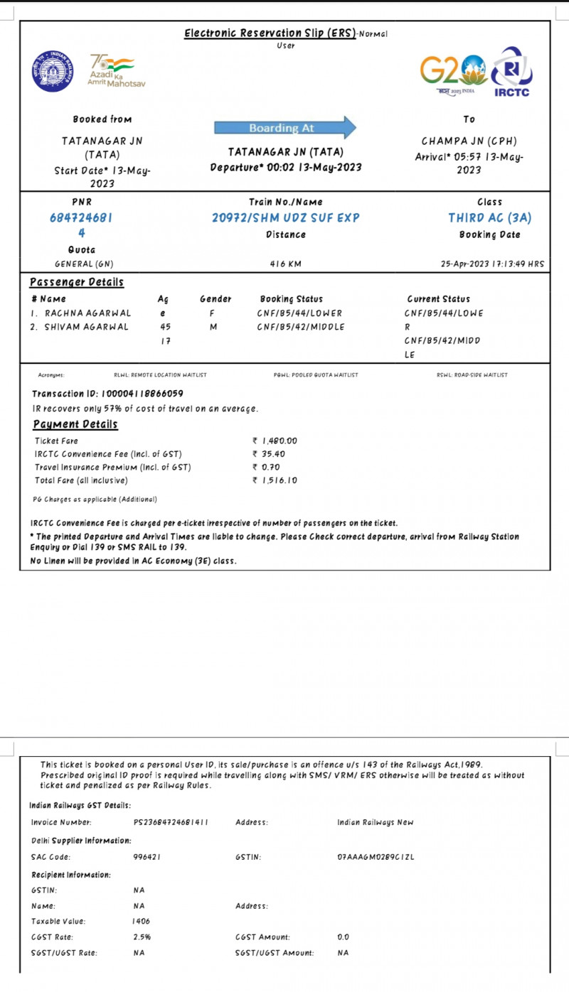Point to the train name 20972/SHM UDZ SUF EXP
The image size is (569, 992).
[x=285, y=218]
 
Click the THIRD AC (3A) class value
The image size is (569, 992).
[x=490, y=218]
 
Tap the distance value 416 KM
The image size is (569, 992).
[x=285, y=264]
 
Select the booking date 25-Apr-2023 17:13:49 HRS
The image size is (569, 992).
[x=493, y=264]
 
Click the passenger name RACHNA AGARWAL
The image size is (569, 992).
[x=87, y=313]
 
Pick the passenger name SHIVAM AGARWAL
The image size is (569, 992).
[x=87, y=327]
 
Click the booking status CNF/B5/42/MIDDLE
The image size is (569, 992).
[x=301, y=327]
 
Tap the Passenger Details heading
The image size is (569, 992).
[x=77, y=283]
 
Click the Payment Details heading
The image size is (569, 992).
[x=75, y=425]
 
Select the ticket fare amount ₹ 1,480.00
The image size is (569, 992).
[x=275, y=441]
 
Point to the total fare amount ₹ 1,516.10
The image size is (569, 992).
[x=275, y=480]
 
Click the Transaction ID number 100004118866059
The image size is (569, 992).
[x=143, y=394]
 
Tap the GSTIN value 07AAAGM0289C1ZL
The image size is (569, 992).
[x=375, y=857]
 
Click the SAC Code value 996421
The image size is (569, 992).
[x=147, y=857]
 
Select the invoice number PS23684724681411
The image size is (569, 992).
[x=171, y=823]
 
